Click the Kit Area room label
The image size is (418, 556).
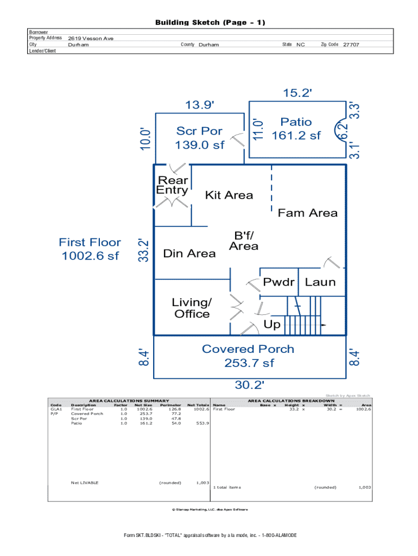[229, 195]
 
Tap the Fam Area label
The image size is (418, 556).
[307, 213]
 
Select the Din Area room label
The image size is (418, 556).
[189, 254]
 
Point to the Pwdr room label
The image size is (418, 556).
[278, 282]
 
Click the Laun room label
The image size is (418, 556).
[320, 282]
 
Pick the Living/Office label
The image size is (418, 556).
[192, 308]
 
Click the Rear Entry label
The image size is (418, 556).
[172, 185]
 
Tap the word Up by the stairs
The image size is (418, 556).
[272, 325]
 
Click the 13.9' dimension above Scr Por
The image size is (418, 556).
[200, 105]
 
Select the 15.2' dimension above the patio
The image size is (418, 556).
[297, 93]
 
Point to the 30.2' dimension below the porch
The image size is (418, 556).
[249, 385]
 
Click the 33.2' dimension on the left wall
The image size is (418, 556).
[143, 250]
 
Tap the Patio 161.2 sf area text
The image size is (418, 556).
[296, 129]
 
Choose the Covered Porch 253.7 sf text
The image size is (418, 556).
[248, 356]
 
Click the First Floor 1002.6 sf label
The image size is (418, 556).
[90, 249]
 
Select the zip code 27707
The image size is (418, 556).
[351, 45]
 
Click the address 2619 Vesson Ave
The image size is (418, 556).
[91, 39]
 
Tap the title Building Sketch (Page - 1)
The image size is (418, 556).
[210, 23]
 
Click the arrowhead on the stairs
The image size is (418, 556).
[324, 325]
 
